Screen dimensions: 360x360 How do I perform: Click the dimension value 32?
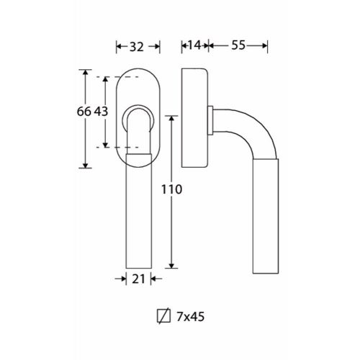(137, 47)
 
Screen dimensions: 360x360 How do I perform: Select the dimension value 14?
(194, 45)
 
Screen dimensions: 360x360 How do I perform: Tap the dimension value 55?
(238, 45)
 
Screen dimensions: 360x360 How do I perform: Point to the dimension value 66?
(84, 112)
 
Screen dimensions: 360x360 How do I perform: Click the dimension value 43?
(101, 112)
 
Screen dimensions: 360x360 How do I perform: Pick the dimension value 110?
(171, 189)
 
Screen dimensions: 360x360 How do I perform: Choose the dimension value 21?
(138, 279)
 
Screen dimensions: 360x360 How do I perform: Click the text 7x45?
(191, 317)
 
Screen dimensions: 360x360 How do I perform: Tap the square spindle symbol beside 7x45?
(163, 316)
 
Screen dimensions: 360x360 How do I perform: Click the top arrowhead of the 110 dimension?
(171, 118)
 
